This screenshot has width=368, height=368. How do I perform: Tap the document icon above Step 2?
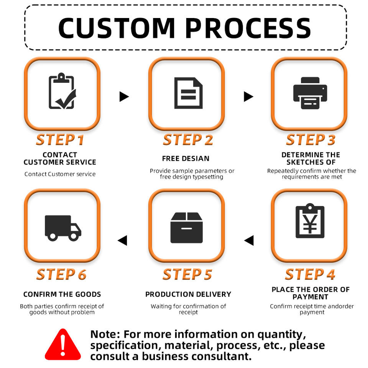tap(188, 93)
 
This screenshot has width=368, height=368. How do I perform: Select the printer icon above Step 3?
tap(310, 93)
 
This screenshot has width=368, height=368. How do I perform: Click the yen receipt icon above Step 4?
tap(310, 221)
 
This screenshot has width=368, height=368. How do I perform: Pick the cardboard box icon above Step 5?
tap(187, 227)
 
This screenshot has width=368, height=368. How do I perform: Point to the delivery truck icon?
tap(63, 228)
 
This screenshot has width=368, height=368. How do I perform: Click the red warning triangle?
tap(63, 344)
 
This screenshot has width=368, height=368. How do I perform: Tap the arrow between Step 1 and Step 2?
tap(124, 97)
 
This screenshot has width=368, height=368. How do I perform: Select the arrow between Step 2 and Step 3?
tap(248, 97)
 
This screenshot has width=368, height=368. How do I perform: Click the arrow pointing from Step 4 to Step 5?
tap(249, 240)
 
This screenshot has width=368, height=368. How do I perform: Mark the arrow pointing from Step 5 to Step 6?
tap(122, 240)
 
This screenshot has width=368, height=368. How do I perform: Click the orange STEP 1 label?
tap(60, 140)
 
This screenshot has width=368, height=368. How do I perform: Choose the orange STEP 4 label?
tap(310, 274)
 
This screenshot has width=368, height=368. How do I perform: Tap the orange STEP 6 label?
tap(61, 274)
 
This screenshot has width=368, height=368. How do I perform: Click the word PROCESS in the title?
tap(248, 28)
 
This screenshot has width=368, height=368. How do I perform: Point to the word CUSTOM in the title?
tap(117, 28)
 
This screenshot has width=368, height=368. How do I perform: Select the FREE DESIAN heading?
tap(186, 159)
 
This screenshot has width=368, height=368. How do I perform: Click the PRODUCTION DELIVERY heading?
tap(188, 294)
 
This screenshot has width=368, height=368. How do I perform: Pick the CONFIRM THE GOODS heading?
tap(62, 294)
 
